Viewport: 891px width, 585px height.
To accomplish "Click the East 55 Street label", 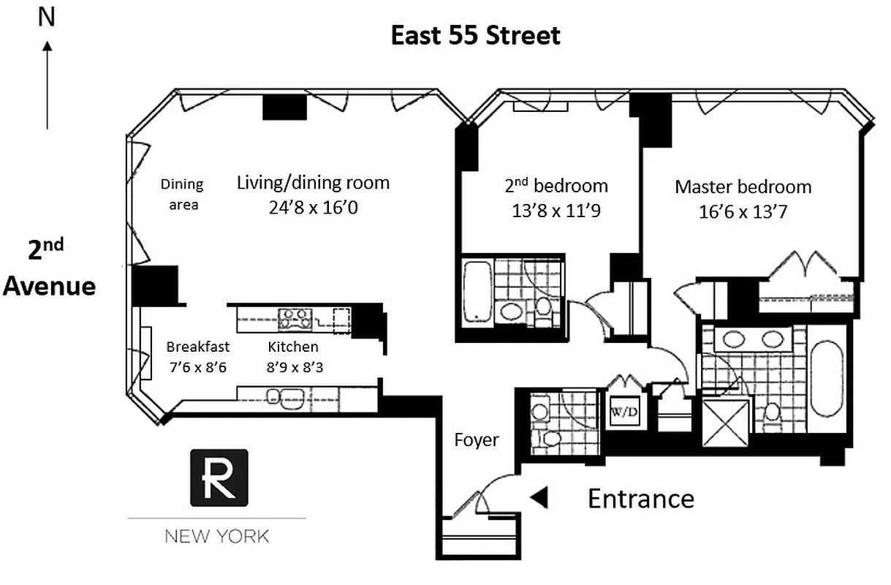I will (x=475, y=35).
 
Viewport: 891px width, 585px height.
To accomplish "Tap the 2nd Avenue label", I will (x=49, y=268).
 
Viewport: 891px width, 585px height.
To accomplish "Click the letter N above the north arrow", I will (x=47, y=17).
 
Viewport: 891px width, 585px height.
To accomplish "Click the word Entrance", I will (x=640, y=499).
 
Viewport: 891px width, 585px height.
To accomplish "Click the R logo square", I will (x=219, y=478).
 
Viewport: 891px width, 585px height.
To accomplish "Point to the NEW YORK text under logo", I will (x=216, y=537).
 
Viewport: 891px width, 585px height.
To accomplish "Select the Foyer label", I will (x=477, y=439).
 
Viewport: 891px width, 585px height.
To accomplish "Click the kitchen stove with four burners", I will (x=295, y=318).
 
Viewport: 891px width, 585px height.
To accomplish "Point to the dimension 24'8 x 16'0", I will (x=313, y=207).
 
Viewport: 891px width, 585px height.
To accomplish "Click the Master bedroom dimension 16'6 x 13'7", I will (x=743, y=212).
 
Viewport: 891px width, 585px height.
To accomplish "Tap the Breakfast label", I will (x=197, y=347).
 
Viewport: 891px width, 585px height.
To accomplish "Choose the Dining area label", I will (x=182, y=195).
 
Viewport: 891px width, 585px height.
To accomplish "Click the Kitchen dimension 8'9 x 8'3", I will (x=295, y=368).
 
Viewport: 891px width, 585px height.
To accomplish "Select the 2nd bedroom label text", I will (x=556, y=186).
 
